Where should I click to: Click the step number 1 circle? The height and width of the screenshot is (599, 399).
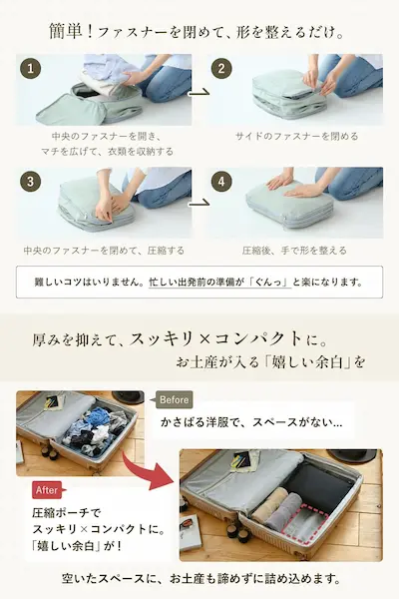click(30, 68)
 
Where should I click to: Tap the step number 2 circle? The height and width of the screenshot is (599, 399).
click(221, 68)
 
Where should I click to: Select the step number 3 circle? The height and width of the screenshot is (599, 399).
click(30, 182)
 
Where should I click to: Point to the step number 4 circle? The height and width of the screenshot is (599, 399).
click(221, 182)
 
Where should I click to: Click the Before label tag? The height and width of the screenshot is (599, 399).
click(174, 399)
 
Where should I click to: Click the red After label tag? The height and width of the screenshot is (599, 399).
click(47, 490)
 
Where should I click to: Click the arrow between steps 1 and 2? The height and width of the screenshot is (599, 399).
click(199, 92)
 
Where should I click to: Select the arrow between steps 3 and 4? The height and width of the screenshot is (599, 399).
click(199, 203)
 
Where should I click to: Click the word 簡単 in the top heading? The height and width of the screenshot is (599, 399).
click(66, 31)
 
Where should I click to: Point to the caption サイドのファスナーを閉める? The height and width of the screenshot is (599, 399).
click(296, 136)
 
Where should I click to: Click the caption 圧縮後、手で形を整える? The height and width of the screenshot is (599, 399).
click(294, 251)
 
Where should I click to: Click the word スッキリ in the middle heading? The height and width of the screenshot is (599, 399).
click(162, 338)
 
